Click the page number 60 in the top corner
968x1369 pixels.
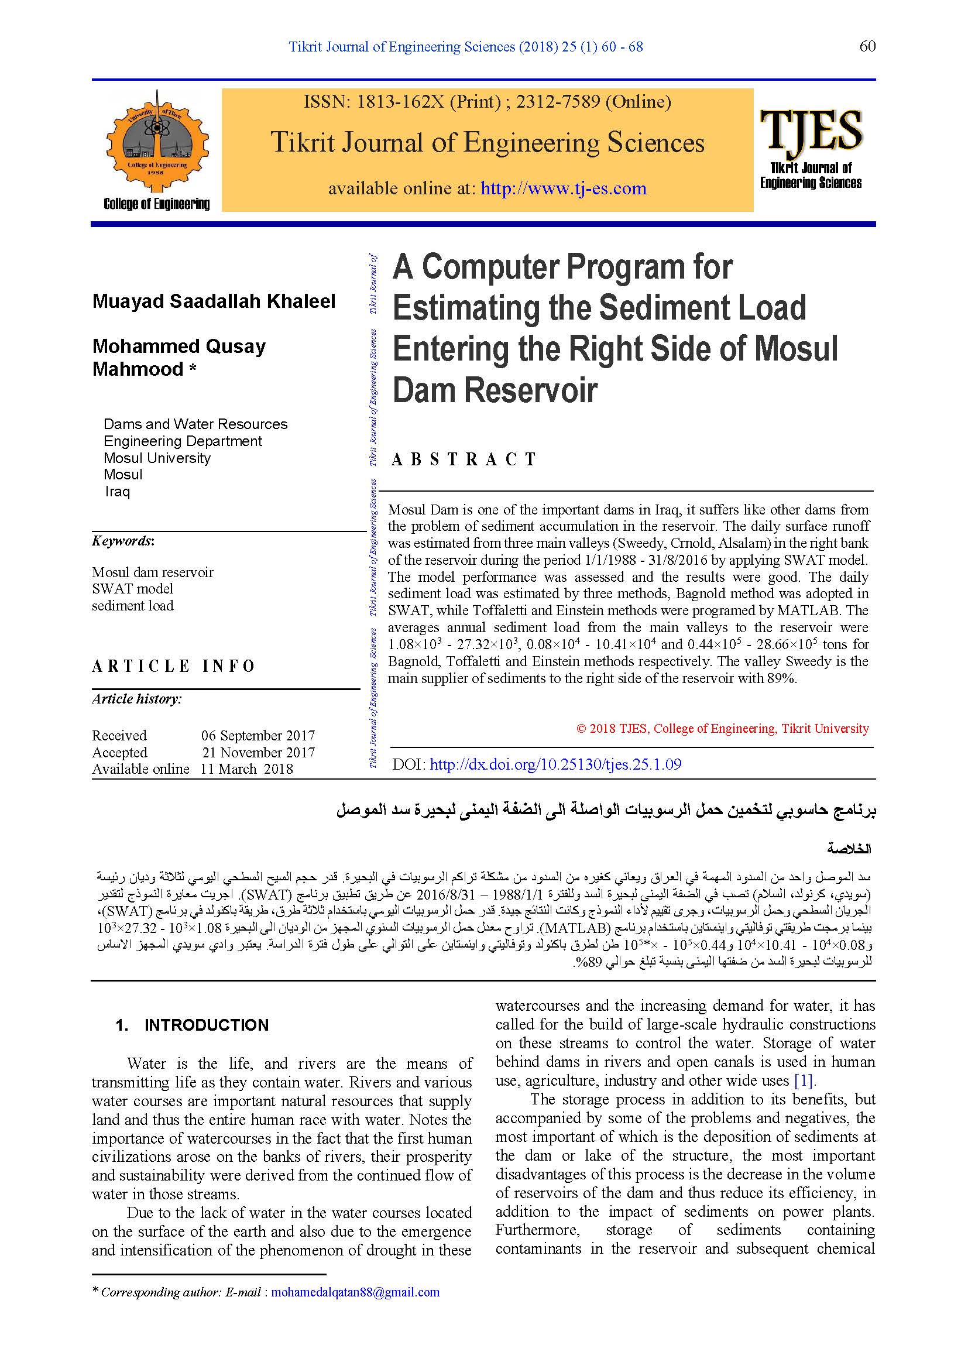point(867,46)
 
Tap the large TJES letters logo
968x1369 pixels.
point(811,131)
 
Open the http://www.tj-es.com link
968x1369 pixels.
point(563,188)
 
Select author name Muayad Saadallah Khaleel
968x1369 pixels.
point(214,301)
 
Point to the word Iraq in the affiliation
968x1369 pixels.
point(118,491)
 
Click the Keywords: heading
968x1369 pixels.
point(123,541)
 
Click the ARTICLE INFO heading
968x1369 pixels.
point(173,666)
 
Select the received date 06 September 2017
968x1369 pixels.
point(258,735)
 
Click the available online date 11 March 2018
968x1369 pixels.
point(247,769)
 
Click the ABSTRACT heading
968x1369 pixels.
point(464,459)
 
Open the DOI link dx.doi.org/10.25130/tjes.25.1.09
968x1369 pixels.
point(555,764)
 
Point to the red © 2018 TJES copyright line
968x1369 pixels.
point(722,728)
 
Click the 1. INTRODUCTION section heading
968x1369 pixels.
point(192,1025)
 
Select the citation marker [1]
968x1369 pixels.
point(804,1080)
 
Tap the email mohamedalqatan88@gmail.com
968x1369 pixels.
point(355,1292)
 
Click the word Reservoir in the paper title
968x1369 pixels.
point(530,390)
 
